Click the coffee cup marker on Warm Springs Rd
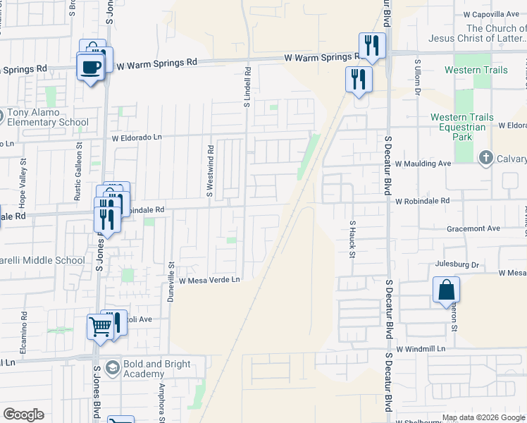89,68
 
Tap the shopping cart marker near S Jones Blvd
100,326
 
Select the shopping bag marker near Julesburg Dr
446,290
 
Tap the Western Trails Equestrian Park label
459,127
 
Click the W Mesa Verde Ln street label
209,280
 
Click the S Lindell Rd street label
248,87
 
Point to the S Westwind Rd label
210,171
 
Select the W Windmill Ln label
421,349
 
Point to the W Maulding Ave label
422,164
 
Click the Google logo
23,415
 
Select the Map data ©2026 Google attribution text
483,417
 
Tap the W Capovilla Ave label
490,14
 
